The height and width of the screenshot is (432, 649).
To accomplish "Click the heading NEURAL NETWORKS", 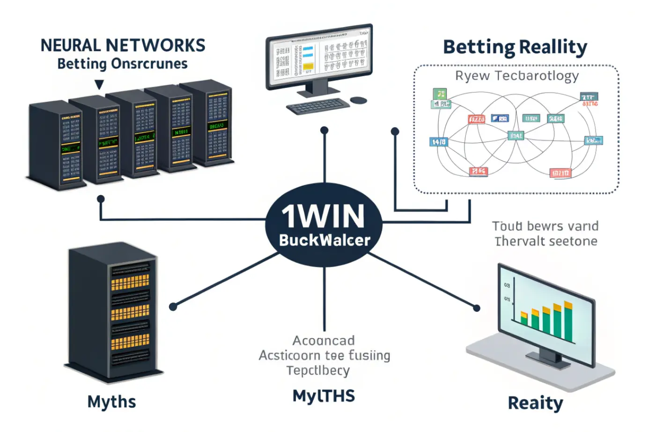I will pos(123,45).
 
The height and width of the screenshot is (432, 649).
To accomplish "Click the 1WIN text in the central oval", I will pos(323,216).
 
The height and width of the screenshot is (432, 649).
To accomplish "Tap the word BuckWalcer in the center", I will pos(324,240).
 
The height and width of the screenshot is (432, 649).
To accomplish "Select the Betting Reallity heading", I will pos(515,47).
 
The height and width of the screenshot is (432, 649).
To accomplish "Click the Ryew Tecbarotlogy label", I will pos(517,76).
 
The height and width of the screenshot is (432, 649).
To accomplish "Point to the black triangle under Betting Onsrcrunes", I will pos(99,85).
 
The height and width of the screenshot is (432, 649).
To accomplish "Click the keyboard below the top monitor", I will pos(317,106).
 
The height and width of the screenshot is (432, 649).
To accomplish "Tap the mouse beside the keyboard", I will pos(358,100).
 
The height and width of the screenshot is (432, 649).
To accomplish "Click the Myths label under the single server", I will pos(111,402).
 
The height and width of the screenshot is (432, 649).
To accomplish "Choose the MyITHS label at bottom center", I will pos(324,396).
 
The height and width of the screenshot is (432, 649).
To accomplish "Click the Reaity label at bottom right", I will pos(535,403).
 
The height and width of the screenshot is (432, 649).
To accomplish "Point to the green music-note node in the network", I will pos(439,94).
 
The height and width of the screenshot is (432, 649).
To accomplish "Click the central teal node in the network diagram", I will pos(516,136).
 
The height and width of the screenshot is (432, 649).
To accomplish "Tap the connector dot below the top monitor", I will pos(324,131).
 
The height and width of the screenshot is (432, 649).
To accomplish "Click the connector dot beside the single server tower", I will pos(173,307).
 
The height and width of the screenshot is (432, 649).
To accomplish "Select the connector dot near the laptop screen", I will pos(476,308).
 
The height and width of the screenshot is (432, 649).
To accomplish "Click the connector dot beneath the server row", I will pos(100,199).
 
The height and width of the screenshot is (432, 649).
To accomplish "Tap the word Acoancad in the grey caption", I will pos(324,340).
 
